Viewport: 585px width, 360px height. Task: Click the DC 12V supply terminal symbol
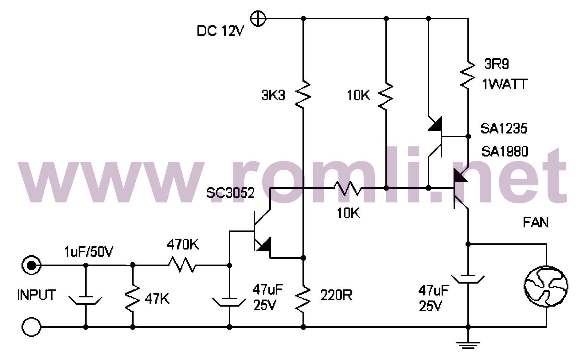tap(258, 18)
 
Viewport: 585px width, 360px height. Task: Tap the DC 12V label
tap(220, 31)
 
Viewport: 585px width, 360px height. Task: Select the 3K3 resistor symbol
tap(303, 94)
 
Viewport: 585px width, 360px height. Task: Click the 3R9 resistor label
tap(497, 64)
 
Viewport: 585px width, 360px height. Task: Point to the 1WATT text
tap(505, 84)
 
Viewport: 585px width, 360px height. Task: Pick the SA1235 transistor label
tap(504, 128)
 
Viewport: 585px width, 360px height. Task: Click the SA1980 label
tap(505, 151)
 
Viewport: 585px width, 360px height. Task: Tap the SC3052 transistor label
tap(230, 193)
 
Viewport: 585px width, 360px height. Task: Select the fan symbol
tap(546, 286)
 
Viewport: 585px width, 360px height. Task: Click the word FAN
tap(536, 222)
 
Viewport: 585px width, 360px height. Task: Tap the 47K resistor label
tap(157, 299)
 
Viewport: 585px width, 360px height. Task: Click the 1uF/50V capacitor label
tap(88, 252)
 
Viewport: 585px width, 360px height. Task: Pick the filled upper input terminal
tap(31, 265)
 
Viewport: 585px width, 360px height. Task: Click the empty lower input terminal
tap(31, 327)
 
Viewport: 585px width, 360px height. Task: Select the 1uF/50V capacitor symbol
tap(85, 299)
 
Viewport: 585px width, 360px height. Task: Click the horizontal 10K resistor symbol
tap(348, 188)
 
